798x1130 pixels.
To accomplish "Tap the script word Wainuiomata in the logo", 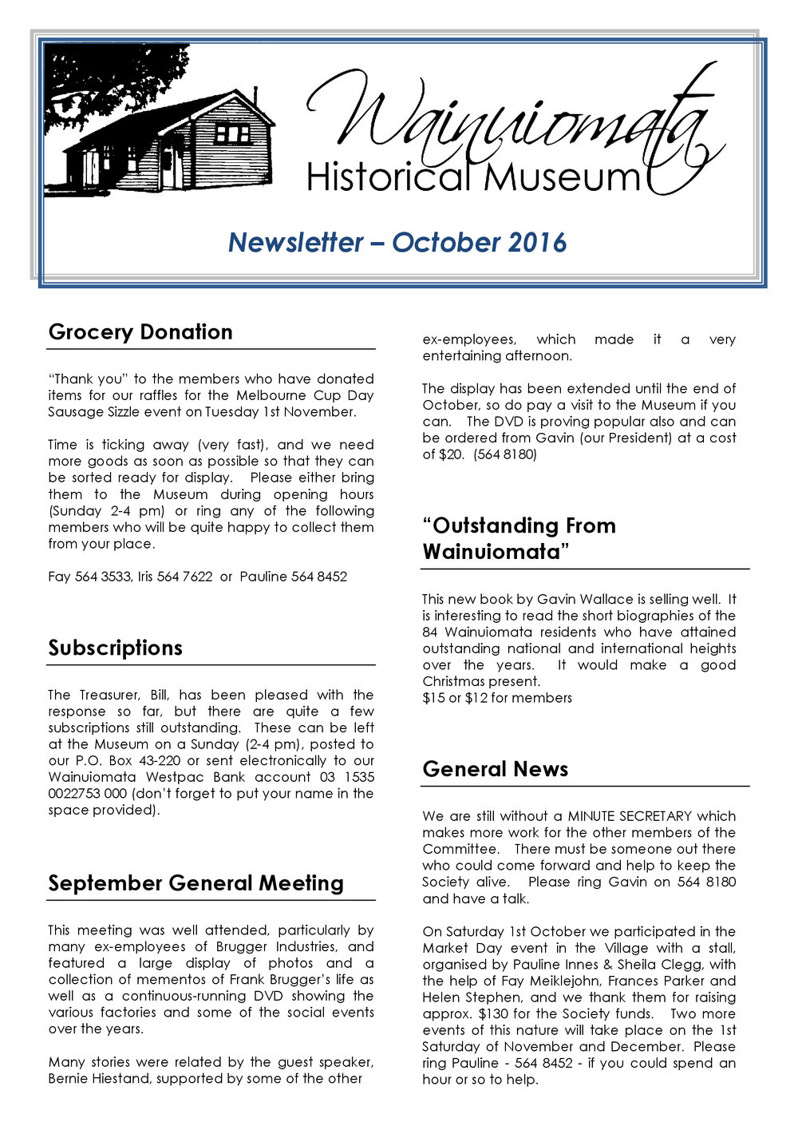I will [511, 120].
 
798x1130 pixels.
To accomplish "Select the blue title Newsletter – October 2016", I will [397, 242].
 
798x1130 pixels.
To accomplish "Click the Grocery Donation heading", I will [140, 332].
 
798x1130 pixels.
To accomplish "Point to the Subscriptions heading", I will [115, 648].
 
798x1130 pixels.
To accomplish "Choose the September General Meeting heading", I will [196, 883].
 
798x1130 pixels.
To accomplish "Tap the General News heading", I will [495, 769].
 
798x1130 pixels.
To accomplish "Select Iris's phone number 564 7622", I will [184, 577].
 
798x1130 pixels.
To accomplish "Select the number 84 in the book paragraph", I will [430, 632].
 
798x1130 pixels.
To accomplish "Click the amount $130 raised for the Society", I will [492, 1014].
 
